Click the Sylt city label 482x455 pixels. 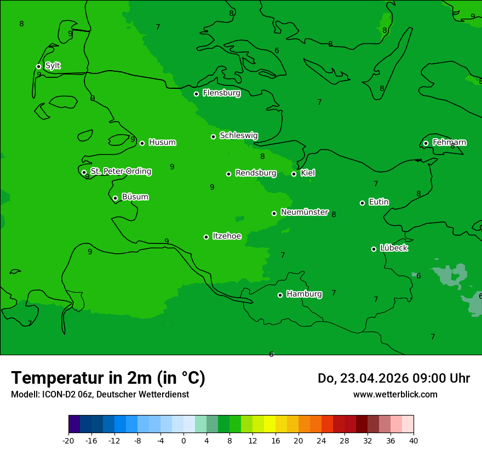[x=53, y=66]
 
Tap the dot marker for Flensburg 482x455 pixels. [x=196, y=94]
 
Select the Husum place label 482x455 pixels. [x=162, y=143]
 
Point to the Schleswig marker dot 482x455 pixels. [x=213, y=136]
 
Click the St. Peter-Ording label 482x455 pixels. [x=120, y=172]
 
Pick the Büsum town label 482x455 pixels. [x=135, y=197]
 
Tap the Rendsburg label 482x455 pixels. [x=256, y=173]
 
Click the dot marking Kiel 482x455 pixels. [x=294, y=174]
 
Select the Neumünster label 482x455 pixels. [x=305, y=212]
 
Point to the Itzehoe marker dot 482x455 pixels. [x=206, y=237]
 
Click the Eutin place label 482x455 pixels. [x=378, y=202]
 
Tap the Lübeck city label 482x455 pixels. [x=394, y=248]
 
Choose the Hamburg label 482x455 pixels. [x=304, y=294]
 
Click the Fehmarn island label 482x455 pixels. [x=449, y=143]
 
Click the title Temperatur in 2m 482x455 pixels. [x=108, y=378]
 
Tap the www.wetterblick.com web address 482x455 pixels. [x=395, y=394]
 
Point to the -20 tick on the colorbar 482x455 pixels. [x=68, y=440]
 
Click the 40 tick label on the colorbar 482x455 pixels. [x=414, y=440]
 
